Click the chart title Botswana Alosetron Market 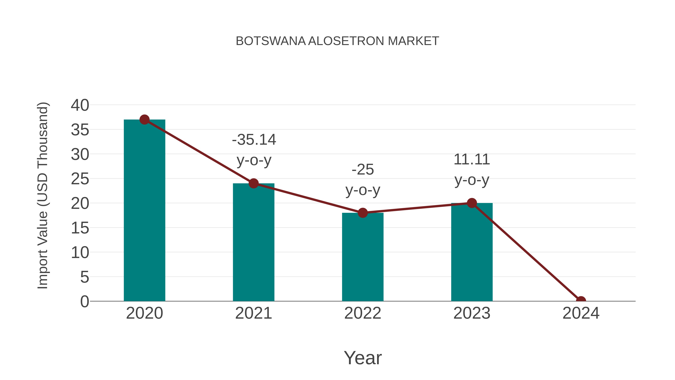[337, 41]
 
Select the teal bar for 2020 [144, 210]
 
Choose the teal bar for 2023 [472, 252]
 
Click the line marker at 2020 [144, 120]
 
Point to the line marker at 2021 [253, 183]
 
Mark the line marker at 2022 [363, 213]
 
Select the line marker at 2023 [472, 203]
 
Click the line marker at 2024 [581, 301]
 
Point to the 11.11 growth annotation [472, 169]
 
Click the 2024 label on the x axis [581, 313]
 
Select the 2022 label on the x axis [363, 313]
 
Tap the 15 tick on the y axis [80, 228]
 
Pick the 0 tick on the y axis [84, 301]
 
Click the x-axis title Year [363, 358]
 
